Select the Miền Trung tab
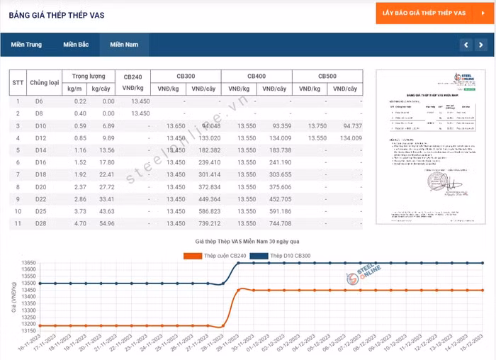point(26,45)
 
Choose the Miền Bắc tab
point(76,45)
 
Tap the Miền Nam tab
point(123,45)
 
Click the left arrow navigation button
point(465,45)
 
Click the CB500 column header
point(327,76)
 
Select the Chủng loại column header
point(45,82)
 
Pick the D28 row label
point(40,224)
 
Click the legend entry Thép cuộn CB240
point(213,254)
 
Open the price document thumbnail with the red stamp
point(432,147)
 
